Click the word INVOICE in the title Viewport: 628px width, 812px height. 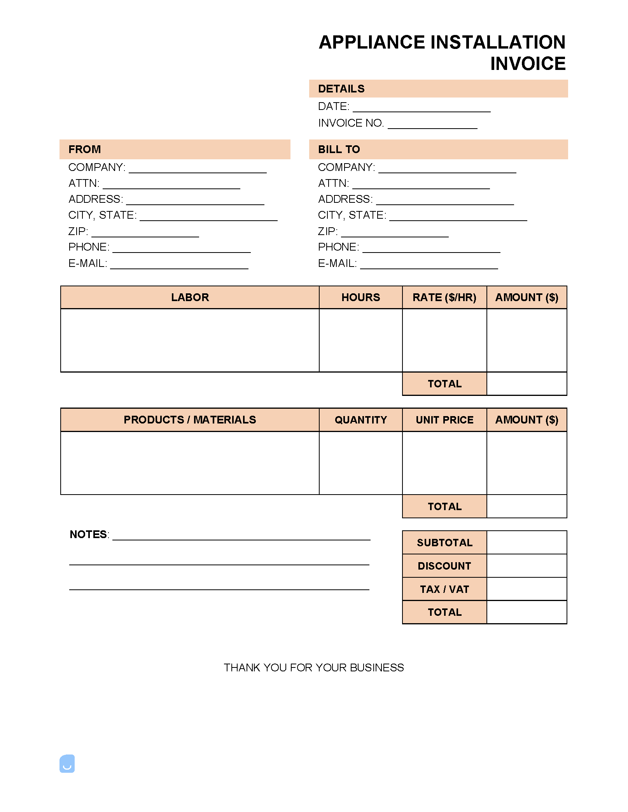[x=528, y=64]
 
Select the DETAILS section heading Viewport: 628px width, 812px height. [x=341, y=89]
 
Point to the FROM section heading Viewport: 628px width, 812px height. [x=84, y=150]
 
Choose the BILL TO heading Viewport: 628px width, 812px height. [x=339, y=150]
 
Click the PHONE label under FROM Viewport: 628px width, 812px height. [x=89, y=247]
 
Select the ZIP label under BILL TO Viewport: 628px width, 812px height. [x=327, y=232]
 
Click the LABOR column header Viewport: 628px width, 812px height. [x=190, y=298]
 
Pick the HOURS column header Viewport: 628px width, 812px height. [x=360, y=298]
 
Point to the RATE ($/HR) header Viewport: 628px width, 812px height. [x=444, y=298]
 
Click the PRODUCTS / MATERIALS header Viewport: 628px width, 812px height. [x=190, y=420]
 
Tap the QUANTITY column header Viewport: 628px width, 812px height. [x=360, y=420]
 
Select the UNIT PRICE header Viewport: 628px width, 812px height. [x=444, y=420]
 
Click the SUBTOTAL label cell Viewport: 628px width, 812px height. [x=444, y=543]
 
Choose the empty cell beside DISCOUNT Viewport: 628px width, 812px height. [x=527, y=566]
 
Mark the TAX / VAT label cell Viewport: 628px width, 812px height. [x=444, y=589]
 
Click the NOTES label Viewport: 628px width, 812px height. [x=89, y=535]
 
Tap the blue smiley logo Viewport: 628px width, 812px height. [x=67, y=764]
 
